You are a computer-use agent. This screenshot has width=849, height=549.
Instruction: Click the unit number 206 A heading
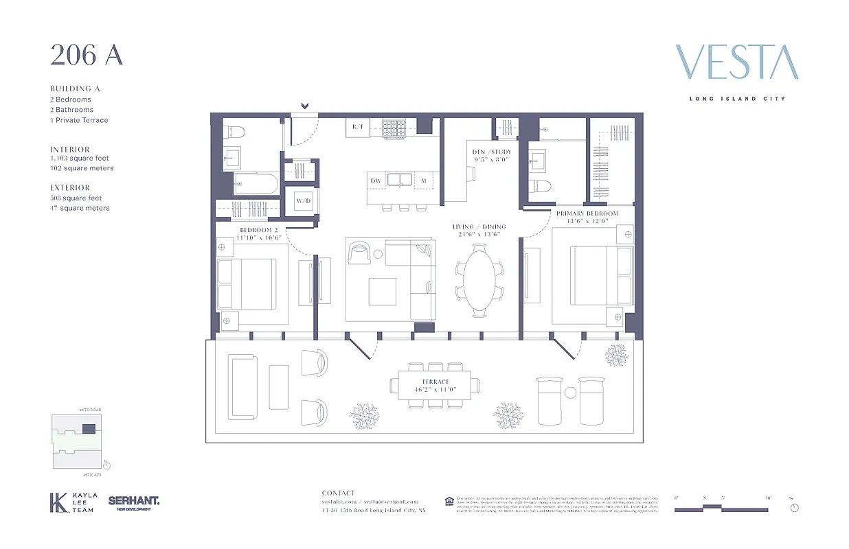(86, 56)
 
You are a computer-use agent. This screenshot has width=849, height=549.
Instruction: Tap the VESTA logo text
(737, 62)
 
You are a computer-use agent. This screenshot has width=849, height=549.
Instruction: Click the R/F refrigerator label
(358, 127)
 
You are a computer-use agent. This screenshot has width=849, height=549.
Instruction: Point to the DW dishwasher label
(376, 180)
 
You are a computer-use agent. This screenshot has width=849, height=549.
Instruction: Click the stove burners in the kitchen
(394, 128)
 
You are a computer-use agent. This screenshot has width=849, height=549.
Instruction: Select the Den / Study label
(492, 152)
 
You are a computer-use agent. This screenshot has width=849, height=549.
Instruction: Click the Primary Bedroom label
(587, 213)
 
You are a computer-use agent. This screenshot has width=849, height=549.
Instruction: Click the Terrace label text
(435, 382)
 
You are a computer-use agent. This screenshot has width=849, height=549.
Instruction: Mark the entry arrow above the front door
(304, 106)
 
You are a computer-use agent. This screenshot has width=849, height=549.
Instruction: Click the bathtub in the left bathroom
(256, 183)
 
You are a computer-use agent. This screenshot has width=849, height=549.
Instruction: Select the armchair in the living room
(359, 253)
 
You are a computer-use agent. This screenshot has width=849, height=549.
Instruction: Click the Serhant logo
(133, 502)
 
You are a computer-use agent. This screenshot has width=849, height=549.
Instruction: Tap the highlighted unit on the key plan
(89, 428)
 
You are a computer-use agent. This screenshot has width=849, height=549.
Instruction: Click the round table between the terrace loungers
(570, 393)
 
